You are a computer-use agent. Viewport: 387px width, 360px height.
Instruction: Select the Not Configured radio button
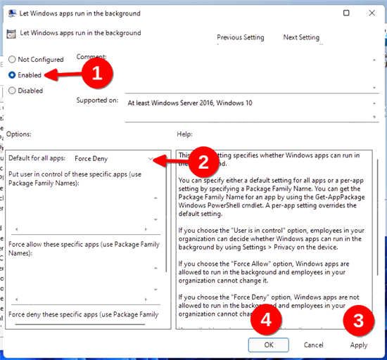pos(12,60)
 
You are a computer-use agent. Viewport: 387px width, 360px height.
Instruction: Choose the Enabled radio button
pos(12,75)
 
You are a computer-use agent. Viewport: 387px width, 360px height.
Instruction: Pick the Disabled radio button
pos(12,90)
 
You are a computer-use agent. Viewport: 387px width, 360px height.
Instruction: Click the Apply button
pos(359,345)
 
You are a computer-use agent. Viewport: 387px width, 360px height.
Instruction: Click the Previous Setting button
pos(241,37)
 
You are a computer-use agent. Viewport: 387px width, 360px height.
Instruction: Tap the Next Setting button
pos(300,37)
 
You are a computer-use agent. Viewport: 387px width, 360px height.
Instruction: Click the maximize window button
pos(346,13)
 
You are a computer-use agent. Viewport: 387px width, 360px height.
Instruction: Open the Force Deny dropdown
pos(116,159)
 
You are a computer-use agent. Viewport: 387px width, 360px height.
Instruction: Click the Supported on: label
pos(97,101)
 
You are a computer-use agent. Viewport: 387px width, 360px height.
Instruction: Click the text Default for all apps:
pos(37,159)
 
